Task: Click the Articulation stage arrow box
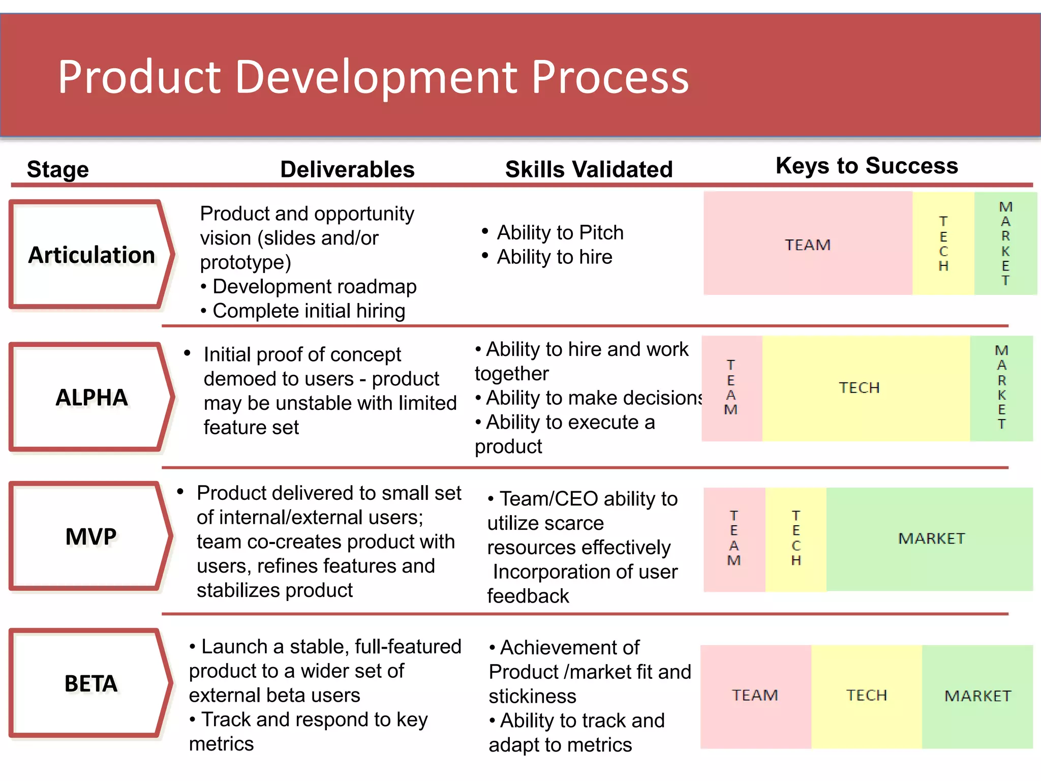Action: point(91,255)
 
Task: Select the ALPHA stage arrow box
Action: point(91,397)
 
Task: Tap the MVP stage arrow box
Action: point(91,536)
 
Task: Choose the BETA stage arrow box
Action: point(91,683)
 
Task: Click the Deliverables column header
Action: point(347,169)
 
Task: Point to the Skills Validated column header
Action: point(589,169)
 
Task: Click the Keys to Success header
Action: point(866,166)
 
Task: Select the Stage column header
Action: point(58,169)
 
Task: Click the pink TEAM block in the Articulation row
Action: point(807,244)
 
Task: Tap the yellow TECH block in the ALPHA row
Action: point(866,388)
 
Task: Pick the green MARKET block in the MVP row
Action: point(930,538)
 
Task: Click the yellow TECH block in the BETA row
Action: point(866,696)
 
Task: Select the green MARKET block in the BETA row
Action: point(977,696)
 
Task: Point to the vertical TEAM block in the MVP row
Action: point(734,539)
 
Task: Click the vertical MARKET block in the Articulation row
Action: point(1005,244)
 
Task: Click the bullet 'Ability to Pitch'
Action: point(560,232)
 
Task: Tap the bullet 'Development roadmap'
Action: point(314,287)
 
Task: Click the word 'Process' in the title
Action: point(610,77)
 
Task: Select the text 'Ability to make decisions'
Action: point(594,398)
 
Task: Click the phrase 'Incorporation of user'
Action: point(585,572)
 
